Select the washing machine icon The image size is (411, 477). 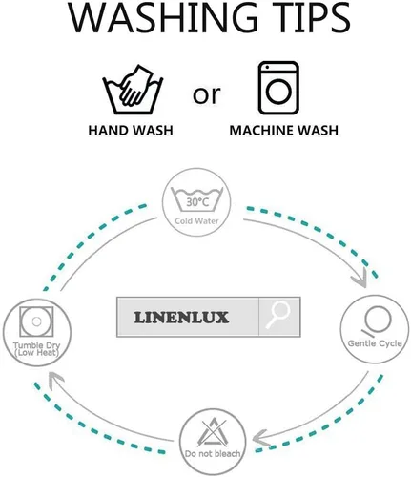click(278, 88)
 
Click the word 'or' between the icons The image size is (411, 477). click(206, 94)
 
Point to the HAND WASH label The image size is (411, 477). click(131, 131)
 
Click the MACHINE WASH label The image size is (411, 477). click(283, 131)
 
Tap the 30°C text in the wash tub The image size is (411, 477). click(197, 202)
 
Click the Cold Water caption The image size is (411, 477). click(196, 220)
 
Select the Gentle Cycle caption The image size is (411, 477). click(375, 343)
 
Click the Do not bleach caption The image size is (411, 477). click(213, 453)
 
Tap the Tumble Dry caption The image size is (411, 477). click(37, 349)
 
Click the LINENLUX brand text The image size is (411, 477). click(181, 318)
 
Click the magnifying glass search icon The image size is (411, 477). click(278, 315)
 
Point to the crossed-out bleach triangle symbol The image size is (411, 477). click(213, 432)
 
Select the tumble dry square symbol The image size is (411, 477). click(36, 321)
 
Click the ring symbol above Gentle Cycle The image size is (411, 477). click(377, 321)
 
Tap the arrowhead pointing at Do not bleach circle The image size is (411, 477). click(261, 439)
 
